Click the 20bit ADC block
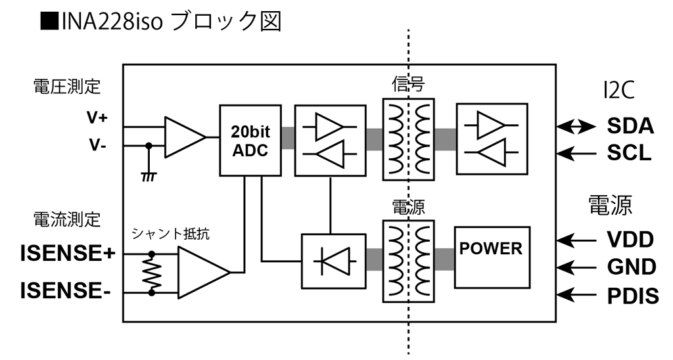point(250,139)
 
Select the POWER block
point(491,257)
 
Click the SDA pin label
point(629,126)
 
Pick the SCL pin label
point(629,154)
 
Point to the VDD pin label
point(630,239)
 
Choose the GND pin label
point(631,267)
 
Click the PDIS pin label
point(633,296)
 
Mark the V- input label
point(97,145)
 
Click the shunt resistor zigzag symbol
point(152,272)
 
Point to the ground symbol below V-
point(149,177)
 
